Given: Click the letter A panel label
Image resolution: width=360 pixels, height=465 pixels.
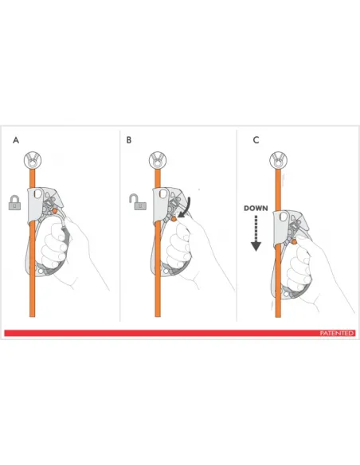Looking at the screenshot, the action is (16, 140).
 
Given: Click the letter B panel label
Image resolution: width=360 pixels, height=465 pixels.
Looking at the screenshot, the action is (129, 140).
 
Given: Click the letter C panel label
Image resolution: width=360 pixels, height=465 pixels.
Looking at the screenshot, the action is (256, 140).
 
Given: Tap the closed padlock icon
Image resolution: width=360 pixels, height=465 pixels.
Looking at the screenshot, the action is (14, 202).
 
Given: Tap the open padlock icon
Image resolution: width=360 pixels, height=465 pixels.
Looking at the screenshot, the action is (138, 201).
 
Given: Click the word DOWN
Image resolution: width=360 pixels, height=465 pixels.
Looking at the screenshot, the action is (256, 209).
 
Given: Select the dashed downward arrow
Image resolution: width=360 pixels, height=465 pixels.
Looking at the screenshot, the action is (256, 233).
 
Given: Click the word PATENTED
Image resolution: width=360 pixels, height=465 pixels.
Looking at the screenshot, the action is (337, 334).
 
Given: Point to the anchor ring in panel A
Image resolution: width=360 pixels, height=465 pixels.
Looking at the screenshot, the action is (33, 160).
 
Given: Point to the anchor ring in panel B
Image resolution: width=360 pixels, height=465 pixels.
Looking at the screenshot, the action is (158, 160).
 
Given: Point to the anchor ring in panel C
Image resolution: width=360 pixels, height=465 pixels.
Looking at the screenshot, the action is (278, 160).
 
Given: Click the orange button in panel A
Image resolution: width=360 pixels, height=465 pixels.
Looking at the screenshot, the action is (55, 210).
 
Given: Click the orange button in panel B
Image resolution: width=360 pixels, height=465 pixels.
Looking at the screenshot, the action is (174, 219).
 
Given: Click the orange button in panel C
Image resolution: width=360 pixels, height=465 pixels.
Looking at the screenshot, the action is (294, 242).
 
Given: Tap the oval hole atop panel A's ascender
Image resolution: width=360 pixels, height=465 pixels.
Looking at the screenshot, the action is (37, 193).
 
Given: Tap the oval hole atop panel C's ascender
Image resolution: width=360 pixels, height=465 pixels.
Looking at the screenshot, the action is (284, 217).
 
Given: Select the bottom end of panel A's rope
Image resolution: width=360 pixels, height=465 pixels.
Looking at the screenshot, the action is (33, 316).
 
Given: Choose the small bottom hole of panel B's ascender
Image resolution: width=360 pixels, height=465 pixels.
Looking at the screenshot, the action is (166, 271).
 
